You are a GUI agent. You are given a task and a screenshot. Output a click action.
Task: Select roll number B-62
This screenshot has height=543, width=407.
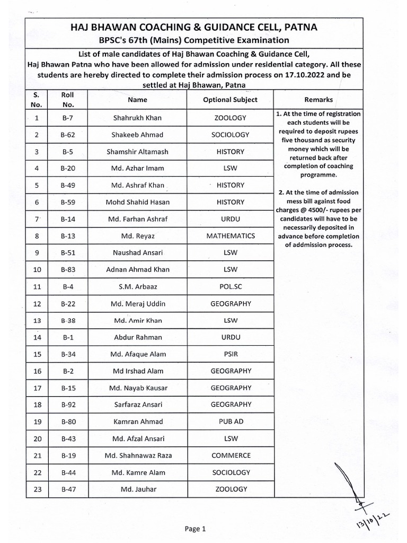pos(67,135)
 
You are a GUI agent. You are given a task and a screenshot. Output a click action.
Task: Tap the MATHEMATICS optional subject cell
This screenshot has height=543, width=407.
pos(231,236)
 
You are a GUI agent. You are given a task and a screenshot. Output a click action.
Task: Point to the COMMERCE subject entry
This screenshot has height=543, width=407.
pos(231,456)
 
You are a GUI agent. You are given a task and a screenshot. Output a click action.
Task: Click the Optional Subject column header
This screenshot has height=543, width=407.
pos(231,100)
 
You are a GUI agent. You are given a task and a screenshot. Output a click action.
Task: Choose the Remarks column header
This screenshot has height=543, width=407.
pos(318,100)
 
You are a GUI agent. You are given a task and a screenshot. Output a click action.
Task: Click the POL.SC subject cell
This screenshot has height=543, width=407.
pos(231,287)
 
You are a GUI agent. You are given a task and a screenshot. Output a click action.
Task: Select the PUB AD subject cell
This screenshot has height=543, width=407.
pos(231,422)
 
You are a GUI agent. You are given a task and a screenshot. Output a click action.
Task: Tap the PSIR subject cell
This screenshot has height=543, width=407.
pos(231,354)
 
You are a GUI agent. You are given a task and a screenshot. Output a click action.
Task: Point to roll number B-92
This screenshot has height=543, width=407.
pos(67,405)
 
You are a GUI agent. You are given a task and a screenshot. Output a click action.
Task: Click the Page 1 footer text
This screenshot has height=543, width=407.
pos(194,529)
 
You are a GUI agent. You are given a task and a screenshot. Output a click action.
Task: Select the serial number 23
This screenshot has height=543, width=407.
pos(37,489)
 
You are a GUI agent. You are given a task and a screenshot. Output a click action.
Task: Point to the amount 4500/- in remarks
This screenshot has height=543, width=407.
pos(306,209)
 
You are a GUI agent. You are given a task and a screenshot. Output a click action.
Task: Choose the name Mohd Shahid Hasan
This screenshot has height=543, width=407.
pos(138,202)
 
